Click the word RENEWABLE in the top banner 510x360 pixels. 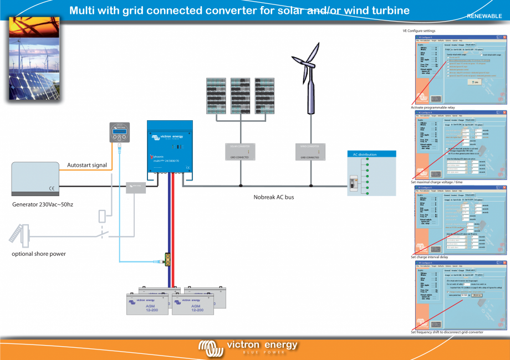click(x=484, y=16)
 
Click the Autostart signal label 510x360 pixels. click(x=87, y=165)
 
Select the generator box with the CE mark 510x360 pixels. click(x=34, y=179)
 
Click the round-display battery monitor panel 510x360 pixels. click(x=119, y=133)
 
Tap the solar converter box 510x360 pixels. click(x=240, y=151)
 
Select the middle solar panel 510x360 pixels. click(x=241, y=95)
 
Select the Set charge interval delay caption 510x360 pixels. click(x=430, y=257)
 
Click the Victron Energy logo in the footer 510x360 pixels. click(x=248, y=347)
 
